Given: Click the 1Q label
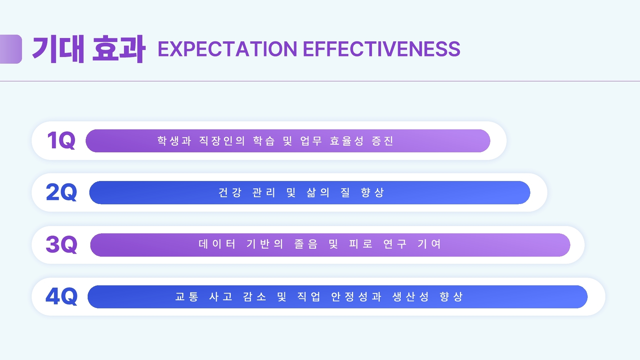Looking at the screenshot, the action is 61,140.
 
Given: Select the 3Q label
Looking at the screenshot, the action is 61,244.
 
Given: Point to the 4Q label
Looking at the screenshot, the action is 61,296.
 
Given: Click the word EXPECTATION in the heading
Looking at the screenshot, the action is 227,49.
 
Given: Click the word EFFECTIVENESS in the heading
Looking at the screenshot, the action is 382,49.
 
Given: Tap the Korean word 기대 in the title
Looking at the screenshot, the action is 58,49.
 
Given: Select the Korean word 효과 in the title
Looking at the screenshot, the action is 119,49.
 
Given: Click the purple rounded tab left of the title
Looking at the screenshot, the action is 11,49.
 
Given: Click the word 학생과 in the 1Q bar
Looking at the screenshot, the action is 174,141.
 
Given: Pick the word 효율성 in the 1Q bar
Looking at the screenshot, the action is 347,141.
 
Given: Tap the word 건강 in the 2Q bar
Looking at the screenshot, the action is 230,192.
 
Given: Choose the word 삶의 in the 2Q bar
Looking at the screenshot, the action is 318,192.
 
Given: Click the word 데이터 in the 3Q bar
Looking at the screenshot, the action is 217,244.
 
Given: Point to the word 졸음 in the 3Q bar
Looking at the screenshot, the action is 306,244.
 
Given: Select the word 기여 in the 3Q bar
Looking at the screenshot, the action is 429,244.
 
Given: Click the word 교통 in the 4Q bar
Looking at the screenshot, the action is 187,296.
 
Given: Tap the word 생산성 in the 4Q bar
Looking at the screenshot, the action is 411,296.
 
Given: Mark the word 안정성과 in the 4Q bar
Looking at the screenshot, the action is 356,296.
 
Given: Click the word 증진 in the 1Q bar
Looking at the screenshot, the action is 383,141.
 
